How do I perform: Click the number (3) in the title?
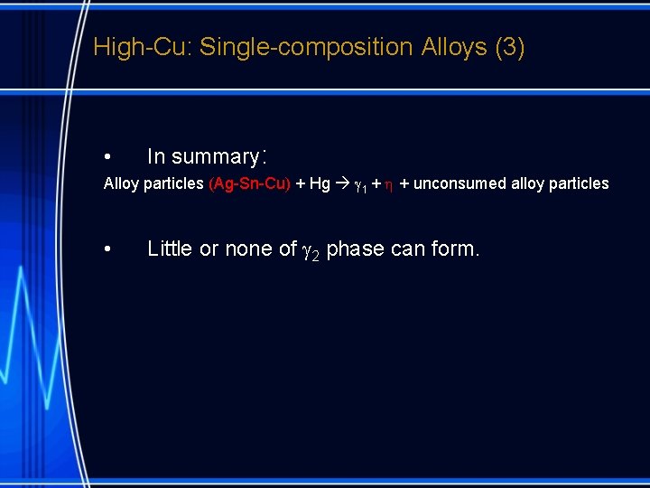[510, 47]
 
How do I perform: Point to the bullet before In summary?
[107, 157]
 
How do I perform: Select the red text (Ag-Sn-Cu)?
[249, 184]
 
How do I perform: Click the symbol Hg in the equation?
[320, 184]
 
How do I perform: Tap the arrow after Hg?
[341, 184]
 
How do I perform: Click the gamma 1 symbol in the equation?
[357, 185]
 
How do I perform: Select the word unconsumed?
[460, 184]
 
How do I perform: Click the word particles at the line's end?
[579, 184]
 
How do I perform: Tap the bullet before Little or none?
[107, 249]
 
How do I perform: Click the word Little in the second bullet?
[171, 249]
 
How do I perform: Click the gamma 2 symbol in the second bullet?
[311, 250]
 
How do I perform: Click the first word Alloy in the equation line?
[121, 184]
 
